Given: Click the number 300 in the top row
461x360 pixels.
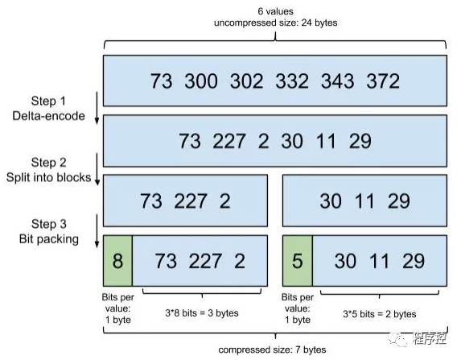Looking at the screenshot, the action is [201, 81].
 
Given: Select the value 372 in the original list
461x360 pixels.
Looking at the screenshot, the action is [383, 81].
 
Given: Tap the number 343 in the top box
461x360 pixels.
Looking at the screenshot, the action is [338, 81].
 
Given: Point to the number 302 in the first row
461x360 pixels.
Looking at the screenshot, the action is [247, 81].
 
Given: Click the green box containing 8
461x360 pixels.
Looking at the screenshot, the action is [117, 260].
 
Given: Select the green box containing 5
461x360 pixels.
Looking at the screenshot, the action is [297, 260].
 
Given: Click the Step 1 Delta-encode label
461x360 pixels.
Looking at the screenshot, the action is [48, 109].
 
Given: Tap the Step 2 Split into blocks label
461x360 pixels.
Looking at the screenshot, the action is [48, 170].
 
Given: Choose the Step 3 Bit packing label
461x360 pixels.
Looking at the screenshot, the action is [49, 231].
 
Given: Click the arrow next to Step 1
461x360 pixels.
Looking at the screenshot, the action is [97, 108].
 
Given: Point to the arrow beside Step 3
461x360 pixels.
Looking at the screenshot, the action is [97, 231].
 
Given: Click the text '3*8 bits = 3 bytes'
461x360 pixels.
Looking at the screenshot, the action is [202, 312].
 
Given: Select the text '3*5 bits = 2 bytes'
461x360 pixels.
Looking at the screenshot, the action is [380, 314].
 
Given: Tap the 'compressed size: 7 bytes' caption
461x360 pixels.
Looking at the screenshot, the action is [272, 350].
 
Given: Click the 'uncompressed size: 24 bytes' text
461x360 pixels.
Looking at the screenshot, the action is [275, 23].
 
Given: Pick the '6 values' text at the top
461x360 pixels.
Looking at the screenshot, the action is [275, 11].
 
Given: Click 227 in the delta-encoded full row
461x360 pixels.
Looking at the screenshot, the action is [229, 141].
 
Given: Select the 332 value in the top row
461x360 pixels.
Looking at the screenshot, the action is [292, 81].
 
